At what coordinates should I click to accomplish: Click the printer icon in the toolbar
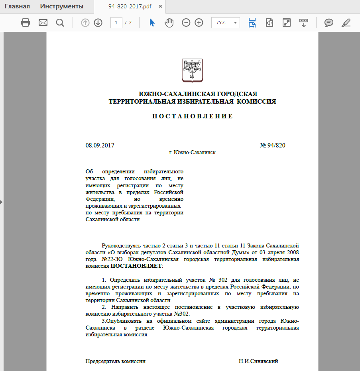tap(26, 23)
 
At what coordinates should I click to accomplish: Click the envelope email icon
tap(43, 23)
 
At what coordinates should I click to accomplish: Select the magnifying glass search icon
tap(60, 23)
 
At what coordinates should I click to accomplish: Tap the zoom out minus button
tap(186, 23)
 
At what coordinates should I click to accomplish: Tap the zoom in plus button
tap(199, 23)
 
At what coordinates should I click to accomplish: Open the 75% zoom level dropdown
tap(236, 23)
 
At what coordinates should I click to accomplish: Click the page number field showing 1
tap(116, 23)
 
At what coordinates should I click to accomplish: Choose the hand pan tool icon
tap(169, 23)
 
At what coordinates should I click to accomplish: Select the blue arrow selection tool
tap(152, 23)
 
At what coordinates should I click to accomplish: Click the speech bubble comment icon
tap(329, 23)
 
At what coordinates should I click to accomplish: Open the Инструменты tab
tap(62, 6)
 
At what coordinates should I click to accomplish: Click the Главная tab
tap(17, 6)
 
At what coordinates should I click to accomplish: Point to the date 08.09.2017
tap(100, 145)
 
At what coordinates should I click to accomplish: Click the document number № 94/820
tap(273, 145)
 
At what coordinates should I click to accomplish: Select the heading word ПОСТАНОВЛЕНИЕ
tap(192, 116)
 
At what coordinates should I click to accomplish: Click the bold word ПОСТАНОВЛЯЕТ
tap(136, 265)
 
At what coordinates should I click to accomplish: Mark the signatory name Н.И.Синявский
tap(258, 361)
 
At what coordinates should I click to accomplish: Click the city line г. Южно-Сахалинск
tap(192, 153)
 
